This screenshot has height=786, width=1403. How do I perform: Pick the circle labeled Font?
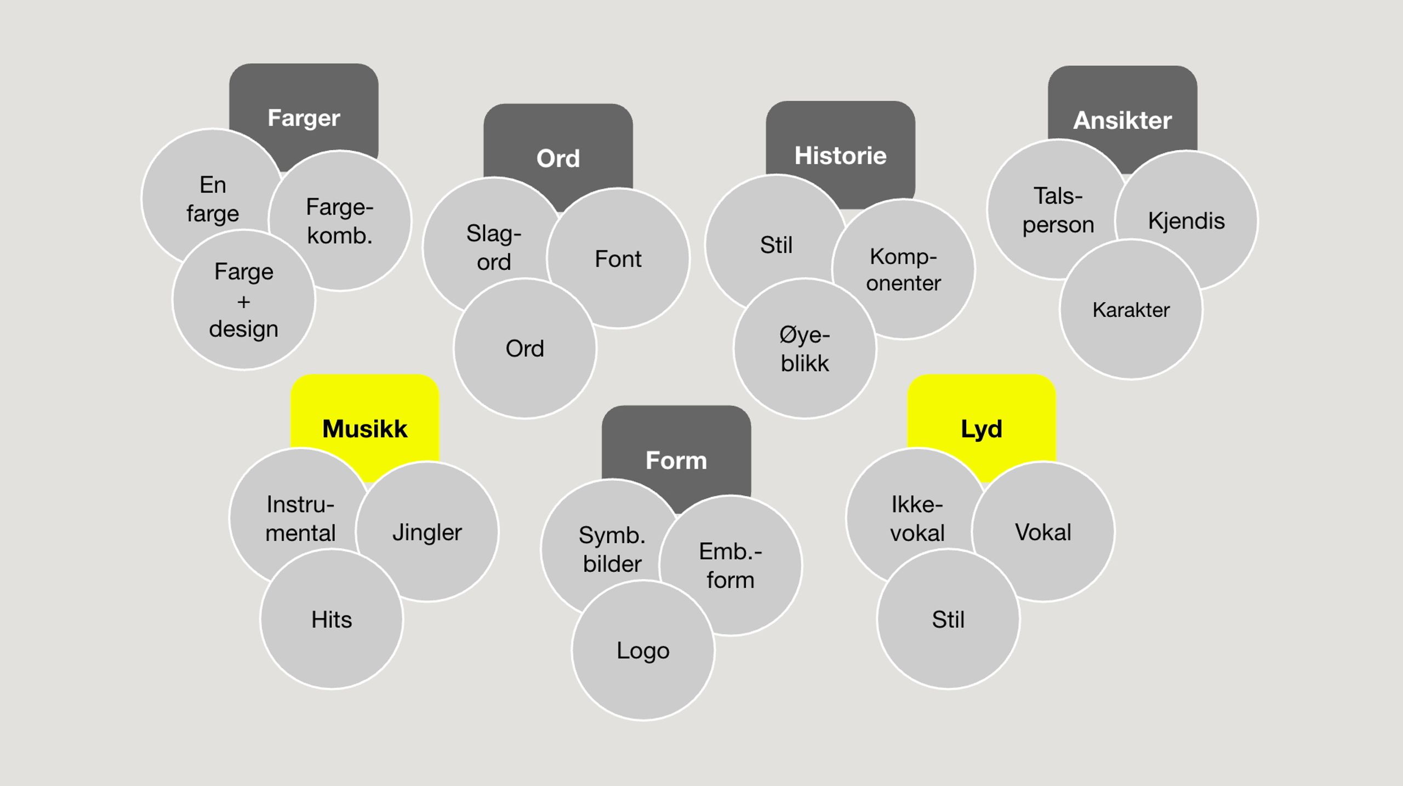(618, 259)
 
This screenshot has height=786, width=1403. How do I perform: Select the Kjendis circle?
(1187, 221)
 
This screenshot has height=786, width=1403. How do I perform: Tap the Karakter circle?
(1131, 310)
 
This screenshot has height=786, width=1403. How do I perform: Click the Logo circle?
(643, 651)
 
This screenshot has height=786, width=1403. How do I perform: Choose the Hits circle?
(332, 619)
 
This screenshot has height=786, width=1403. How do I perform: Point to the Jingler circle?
(427, 532)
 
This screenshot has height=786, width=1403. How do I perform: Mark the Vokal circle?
(1043, 532)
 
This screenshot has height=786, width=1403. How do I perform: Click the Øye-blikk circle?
(805, 349)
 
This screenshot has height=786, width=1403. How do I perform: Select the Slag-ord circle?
(493, 247)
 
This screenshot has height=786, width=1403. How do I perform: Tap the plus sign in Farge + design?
(244, 301)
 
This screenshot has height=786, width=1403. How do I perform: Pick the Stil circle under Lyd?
(948, 619)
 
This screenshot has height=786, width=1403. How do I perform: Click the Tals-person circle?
(1058, 210)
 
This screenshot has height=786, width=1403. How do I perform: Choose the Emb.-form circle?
(731, 566)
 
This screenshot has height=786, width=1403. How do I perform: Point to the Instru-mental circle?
(300, 519)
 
